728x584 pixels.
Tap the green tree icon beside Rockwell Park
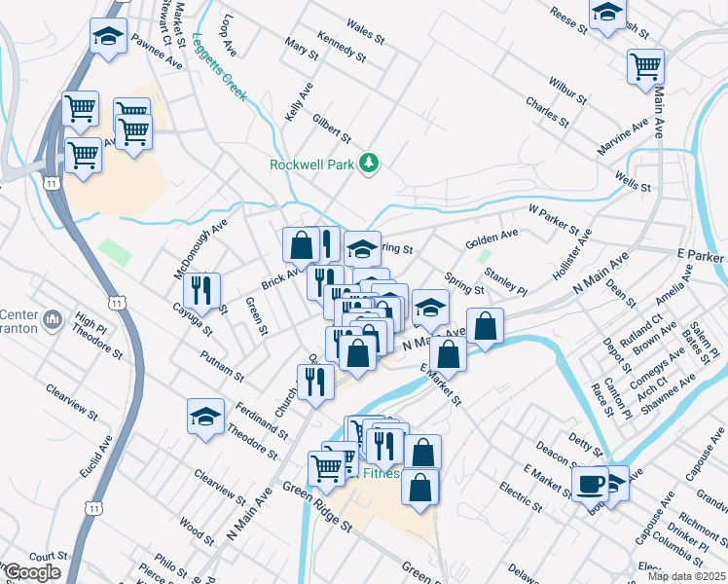pos(368,162)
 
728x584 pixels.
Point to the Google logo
pos(32,572)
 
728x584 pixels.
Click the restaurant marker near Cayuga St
pos(201,289)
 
